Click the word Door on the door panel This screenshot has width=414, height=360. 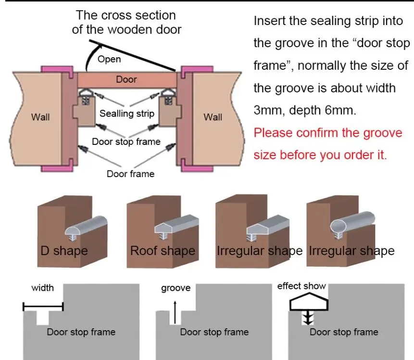click(126, 79)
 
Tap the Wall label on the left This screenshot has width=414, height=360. click(40, 117)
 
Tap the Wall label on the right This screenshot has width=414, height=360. click(213, 117)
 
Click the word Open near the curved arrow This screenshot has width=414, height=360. click(109, 59)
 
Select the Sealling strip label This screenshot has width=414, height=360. click(127, 114)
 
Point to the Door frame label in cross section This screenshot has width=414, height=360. click(130, 174)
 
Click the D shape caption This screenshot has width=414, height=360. click(64, 251)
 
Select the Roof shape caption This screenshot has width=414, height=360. click(163, 251)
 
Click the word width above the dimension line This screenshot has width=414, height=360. click(43, 288)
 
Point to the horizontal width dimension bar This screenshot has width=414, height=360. click(43, 307)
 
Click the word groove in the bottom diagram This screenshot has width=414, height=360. click(176, 288)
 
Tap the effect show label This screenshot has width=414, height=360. click(301, 286)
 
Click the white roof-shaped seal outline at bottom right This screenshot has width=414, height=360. click(309, 303)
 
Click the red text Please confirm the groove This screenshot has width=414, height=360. click(327, 132)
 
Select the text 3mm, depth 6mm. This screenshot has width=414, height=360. click(305, 110)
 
